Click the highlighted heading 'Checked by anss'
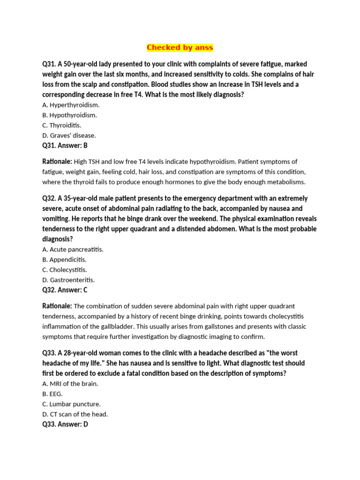click(x=180, y=47)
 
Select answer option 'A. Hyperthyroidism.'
click(x=71, y=105)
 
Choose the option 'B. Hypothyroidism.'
click(x=69, y=115)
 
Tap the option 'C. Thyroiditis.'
click(x=61, y=126)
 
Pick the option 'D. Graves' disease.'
click(x=69, y=135)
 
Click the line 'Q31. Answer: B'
click(x=65, y=146)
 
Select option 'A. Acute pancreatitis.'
click(x=73, y=249)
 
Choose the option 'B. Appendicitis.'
click(x=64, y=260)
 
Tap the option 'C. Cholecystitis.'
click(x=65, y=270)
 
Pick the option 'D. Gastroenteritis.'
click(x=68, y=280)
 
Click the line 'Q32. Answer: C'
click(x=65, y=290)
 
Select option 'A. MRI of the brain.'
click(x=70, y=384)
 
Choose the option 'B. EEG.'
click(x=52, y=394)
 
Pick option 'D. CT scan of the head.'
click(x=75, y=414)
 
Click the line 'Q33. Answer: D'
click(x=65, y=425)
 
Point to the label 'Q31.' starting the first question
click(x=49, y=64)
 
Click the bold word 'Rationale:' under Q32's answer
click(x=57, y=306)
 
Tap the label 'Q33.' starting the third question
click(x=49, y=353)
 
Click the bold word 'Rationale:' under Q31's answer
click(x=57, y=162)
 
